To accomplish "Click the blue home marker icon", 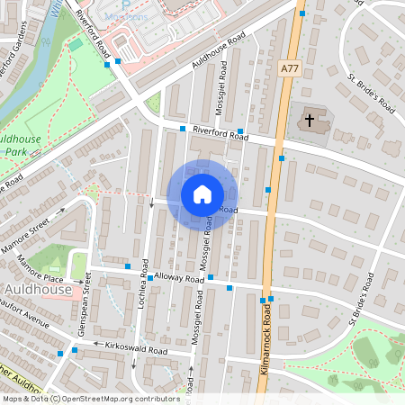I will click(202, 194).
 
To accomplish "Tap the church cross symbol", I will click(310, 120).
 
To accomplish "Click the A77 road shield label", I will click(289, 67).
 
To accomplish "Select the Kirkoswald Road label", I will click(136, 349).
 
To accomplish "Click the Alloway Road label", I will click(180, 279).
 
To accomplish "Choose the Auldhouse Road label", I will click(219, 55).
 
